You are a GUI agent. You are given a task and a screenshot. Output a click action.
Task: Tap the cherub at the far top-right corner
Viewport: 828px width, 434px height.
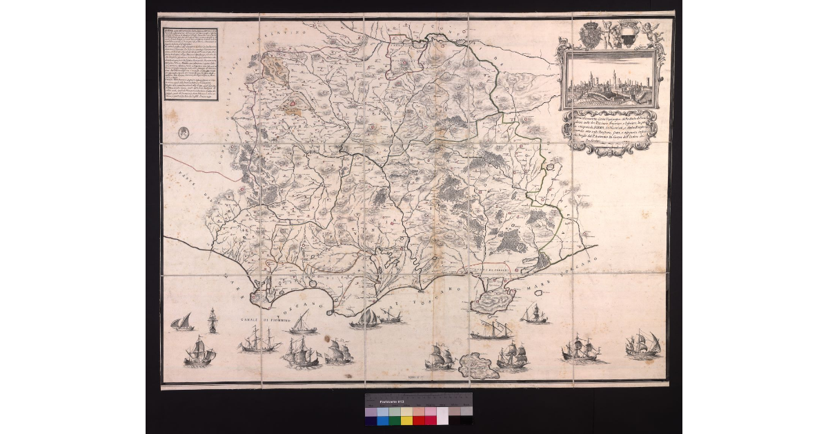coord(650,30)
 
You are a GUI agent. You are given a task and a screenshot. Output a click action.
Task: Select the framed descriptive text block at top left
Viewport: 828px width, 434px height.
coord(201,65)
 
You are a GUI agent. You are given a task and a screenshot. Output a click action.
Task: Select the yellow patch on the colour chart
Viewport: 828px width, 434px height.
coord(406,419)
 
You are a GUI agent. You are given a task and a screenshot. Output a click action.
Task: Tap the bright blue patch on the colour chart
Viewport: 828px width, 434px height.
coord(383,419)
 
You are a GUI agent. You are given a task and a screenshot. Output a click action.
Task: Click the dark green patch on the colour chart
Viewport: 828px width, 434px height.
coord(395,419)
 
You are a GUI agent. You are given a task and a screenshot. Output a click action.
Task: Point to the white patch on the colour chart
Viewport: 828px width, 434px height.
coord(442,419)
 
